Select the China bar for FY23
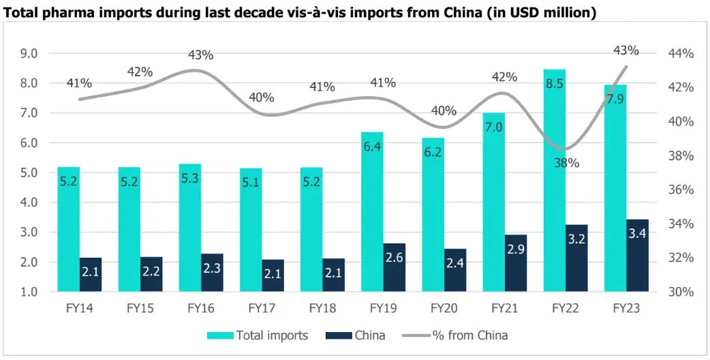pyautogui.click(x=637, y=256)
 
